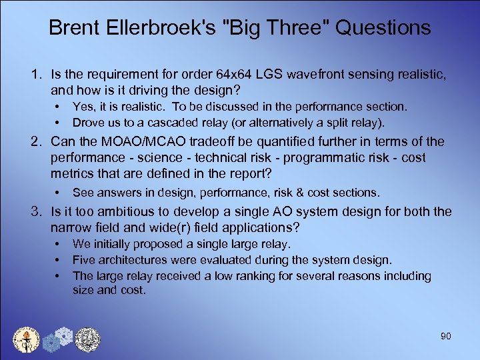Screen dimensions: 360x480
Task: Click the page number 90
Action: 445,336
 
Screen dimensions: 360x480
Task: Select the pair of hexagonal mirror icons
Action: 57,339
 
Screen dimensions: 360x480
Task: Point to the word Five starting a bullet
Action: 84,260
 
